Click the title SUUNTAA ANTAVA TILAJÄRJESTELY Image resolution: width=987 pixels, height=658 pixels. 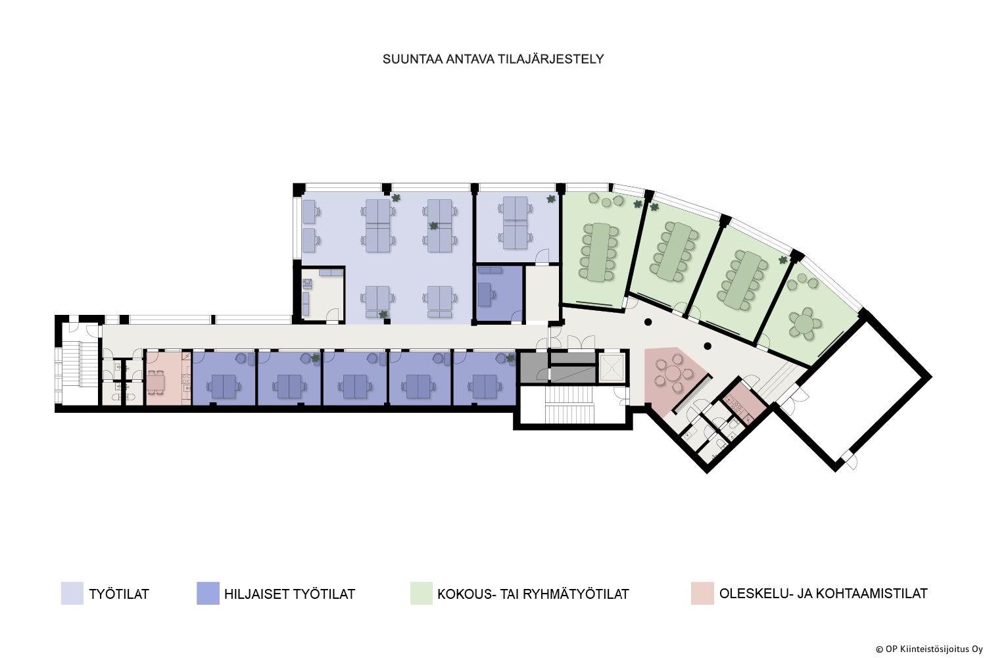493,59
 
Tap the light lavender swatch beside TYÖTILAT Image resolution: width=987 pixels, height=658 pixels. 72,594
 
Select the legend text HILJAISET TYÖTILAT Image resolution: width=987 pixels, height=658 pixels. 289,594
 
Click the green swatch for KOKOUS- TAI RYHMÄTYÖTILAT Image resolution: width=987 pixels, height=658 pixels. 421,594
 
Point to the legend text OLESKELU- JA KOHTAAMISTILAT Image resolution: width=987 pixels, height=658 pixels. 823,594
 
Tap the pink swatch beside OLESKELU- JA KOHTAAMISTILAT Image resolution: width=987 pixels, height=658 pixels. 702,594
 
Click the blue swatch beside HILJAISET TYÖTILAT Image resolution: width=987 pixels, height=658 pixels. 208,594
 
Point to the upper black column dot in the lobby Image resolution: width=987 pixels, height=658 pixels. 648,322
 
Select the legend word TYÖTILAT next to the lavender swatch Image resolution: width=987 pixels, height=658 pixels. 119,594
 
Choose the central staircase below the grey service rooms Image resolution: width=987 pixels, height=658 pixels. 569,404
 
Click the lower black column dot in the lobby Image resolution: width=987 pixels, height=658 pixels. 708,346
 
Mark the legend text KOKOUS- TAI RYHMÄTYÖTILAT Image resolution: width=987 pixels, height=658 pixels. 533,594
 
